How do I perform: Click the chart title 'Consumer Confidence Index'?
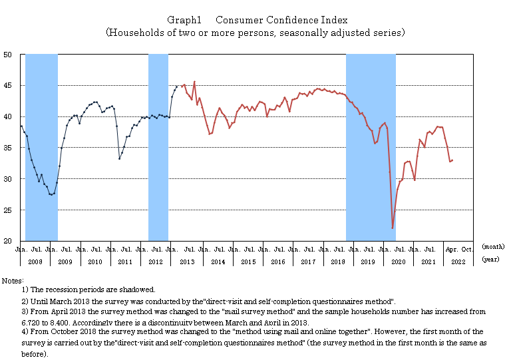coord(281,20)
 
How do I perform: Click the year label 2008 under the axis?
coord(35,262)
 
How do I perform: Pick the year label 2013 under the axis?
coord(187,262)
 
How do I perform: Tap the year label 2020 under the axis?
coord(398,262)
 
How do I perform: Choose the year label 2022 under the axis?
coord(458,262)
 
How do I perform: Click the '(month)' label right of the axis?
coord(492,247)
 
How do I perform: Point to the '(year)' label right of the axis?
coord(491,260)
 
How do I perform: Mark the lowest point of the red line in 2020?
coord(393,228)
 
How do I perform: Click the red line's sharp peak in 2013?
coord(194,82)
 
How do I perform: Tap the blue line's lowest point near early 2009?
coord(52,194)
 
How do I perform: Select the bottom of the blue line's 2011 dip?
coord(120,158)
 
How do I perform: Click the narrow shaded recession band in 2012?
coord(158,146)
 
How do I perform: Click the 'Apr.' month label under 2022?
coord(450,250)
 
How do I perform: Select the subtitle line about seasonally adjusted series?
coord(256,32)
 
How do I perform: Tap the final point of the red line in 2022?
coord(452,160)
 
